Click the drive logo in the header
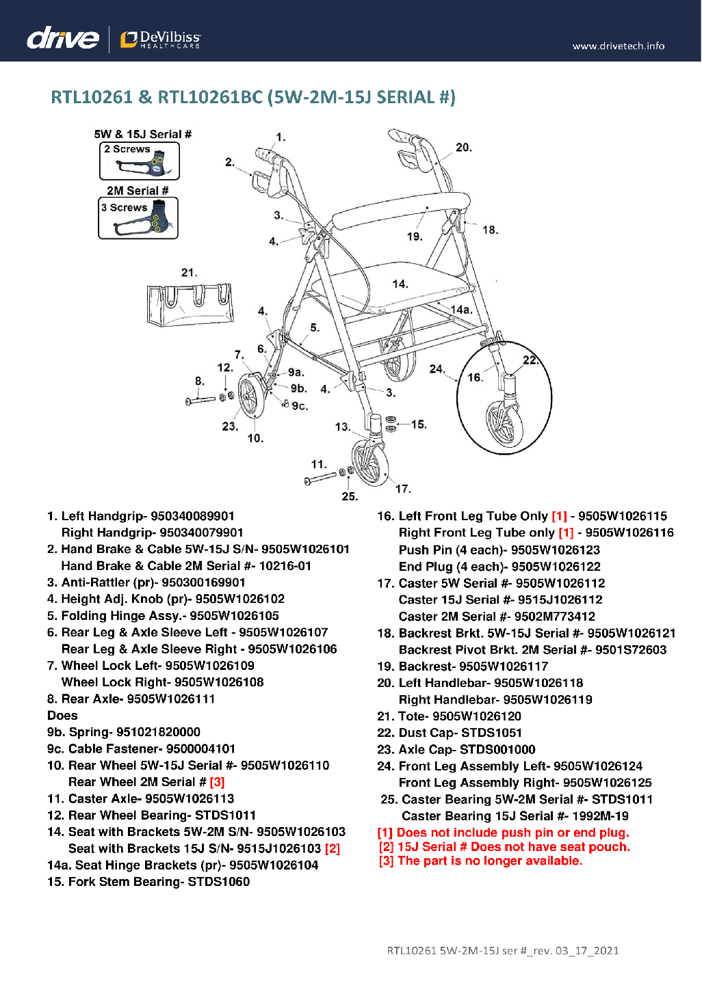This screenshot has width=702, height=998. [62, 38]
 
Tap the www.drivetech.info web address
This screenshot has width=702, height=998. [618, 46]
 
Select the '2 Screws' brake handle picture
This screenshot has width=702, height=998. [140, 161]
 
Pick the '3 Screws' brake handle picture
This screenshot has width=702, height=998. [138, 218]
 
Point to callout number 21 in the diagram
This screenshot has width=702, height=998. [189, 273]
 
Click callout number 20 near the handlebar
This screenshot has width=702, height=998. [463, 148]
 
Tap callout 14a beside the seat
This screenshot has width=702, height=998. [461, 310]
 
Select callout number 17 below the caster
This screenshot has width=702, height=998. [403, 489]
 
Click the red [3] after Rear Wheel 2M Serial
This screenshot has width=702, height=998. [217, 782]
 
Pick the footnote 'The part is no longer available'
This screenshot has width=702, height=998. [490, 861]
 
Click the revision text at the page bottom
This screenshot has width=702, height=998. [503, 950]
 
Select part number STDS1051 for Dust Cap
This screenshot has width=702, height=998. [491, 733]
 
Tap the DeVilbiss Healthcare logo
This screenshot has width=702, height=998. [161, 39]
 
